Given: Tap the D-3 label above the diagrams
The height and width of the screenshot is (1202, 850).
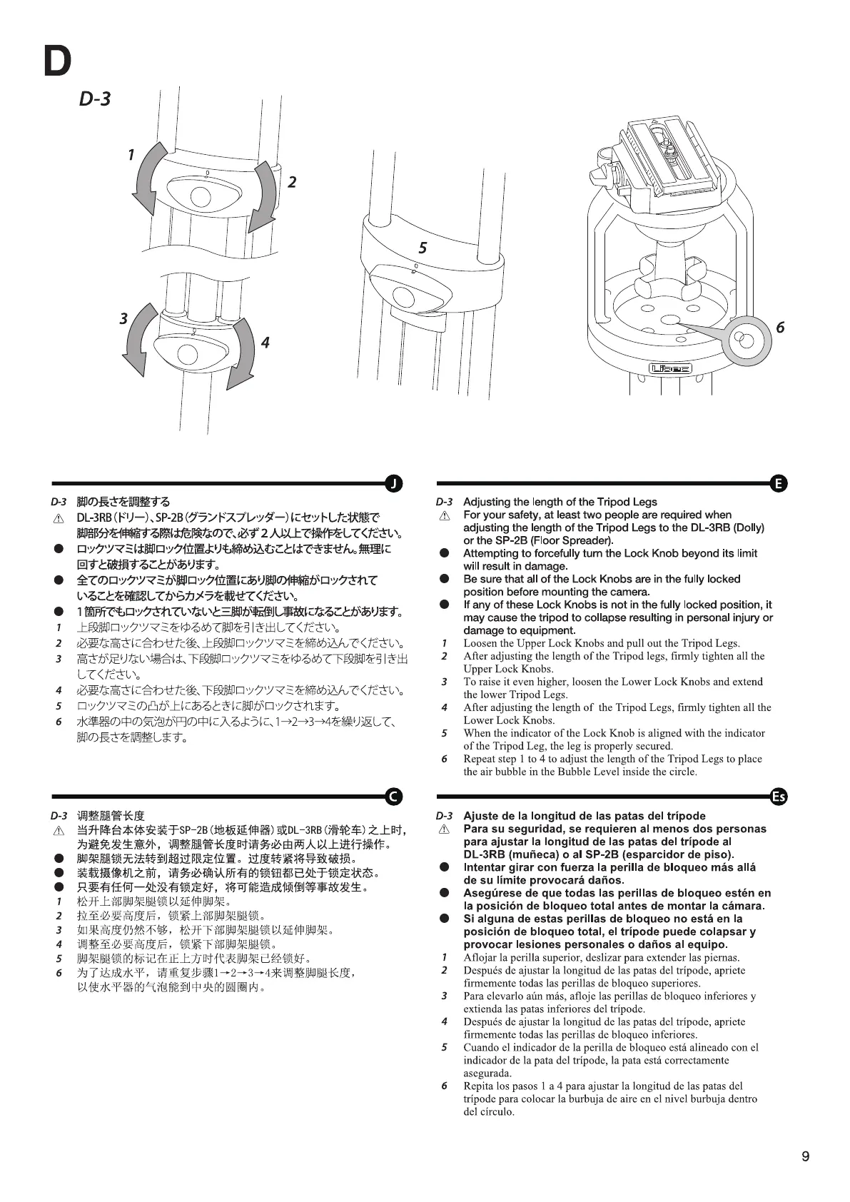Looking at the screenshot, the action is click(95, 99).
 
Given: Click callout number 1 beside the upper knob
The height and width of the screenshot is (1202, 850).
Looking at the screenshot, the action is click(131, 154).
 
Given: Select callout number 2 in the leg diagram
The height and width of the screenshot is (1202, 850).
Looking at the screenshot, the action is click(292, 183).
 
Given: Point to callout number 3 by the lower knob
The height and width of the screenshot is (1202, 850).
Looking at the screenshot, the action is click(123, 318).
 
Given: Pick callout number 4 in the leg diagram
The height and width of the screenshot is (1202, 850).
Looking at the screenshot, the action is click(265, 343).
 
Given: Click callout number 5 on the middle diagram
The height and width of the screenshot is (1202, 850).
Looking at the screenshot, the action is click(423, 248).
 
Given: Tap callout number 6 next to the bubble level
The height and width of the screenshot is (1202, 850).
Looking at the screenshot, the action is click(780, 327).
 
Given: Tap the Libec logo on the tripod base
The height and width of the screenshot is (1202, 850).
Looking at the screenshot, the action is click(670, 368).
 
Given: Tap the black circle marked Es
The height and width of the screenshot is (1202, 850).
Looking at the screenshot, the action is click(779, 797).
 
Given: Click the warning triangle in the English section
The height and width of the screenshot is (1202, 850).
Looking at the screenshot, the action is click(444, 515).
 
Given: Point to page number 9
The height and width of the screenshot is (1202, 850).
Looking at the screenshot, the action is click(806, 1157).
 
